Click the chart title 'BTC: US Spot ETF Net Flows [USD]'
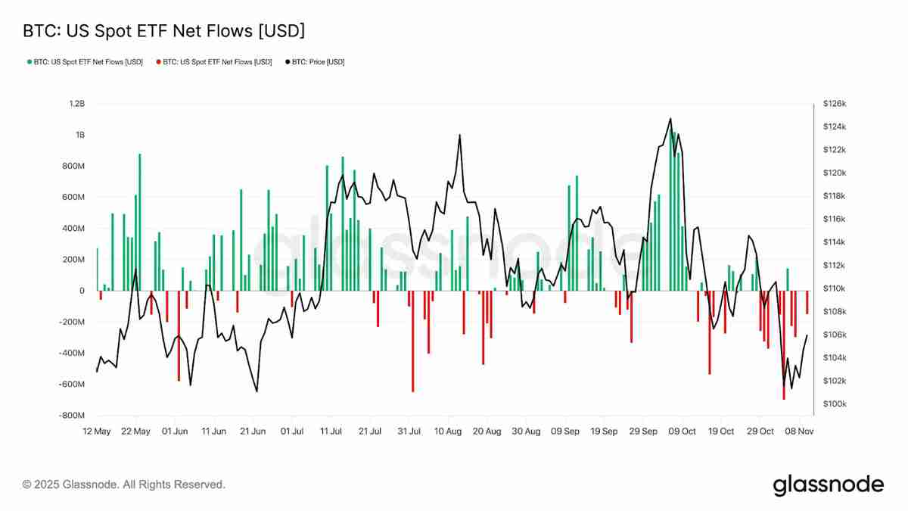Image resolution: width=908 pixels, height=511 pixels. pyautogui.click(x=164, y=31)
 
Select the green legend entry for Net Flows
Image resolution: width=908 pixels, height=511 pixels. pyautogui.click(x=85, y=62)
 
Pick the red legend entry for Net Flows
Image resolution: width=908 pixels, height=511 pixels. pyautogui.click(x=214, y=62)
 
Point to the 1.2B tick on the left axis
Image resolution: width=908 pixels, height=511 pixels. pyautogui.click(x=75, y=103)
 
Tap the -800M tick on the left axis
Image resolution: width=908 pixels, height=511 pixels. pyautogui.click(x=73, y=416)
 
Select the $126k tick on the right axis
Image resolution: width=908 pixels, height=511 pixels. pyautogui.click(x=834, y=103)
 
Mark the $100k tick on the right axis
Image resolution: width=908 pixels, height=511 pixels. pyautogui.click(x=834, y=404)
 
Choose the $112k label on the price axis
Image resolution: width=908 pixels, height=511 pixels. pyautogui.click(x=834, y=266)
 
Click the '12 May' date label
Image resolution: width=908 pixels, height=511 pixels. pyautogui.click(x=96, y=432)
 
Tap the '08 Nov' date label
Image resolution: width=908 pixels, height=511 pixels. pyautogui.click(x=799, y=432)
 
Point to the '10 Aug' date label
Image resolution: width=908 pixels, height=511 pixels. pyautogui.click(x=448, y=432)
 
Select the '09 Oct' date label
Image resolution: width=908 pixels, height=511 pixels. pyautogui.click(x=683, y=432)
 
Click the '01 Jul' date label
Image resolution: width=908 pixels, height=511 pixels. pyautogui.click(x=292, y=432)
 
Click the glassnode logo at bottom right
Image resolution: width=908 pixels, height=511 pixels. pyautogui.click(x=828, y=485)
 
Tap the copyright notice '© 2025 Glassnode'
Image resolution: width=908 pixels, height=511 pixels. pyautogui.click(x=124, y=485)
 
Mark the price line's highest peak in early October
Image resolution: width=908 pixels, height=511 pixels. pyautogui.click(x=670, y=118)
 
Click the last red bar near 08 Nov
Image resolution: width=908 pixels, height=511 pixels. pyautogui.click(x=807, y=302)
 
